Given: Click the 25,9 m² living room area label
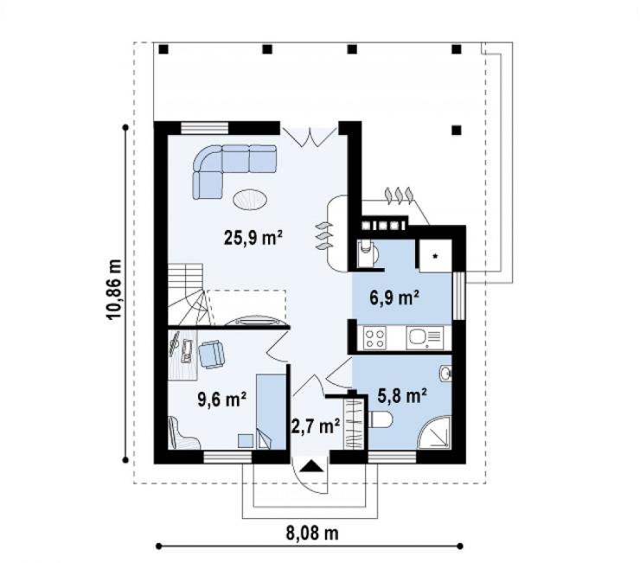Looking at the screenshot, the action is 253,237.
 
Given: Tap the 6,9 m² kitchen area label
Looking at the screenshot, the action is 394,297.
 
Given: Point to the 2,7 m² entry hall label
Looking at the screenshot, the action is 316,426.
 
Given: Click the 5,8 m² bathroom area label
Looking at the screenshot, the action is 402,395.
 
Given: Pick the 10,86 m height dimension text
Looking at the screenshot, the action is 115,290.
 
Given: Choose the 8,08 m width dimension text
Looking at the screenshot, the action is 312,534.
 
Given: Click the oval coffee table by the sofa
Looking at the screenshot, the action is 250,200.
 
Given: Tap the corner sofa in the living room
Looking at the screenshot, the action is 234,171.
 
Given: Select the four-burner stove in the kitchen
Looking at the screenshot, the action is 375,338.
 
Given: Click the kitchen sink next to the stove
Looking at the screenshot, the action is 425,337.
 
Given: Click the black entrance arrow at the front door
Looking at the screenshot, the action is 312,466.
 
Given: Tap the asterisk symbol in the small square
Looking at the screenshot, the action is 436,256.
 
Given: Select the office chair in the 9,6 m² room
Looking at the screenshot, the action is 211,355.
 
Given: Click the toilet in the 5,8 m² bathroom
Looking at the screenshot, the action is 380,420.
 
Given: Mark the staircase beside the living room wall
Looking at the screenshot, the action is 186,294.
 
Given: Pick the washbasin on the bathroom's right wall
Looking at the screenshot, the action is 445,374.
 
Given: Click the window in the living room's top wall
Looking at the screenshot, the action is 204,128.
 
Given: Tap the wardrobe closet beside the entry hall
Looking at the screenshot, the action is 354,424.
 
